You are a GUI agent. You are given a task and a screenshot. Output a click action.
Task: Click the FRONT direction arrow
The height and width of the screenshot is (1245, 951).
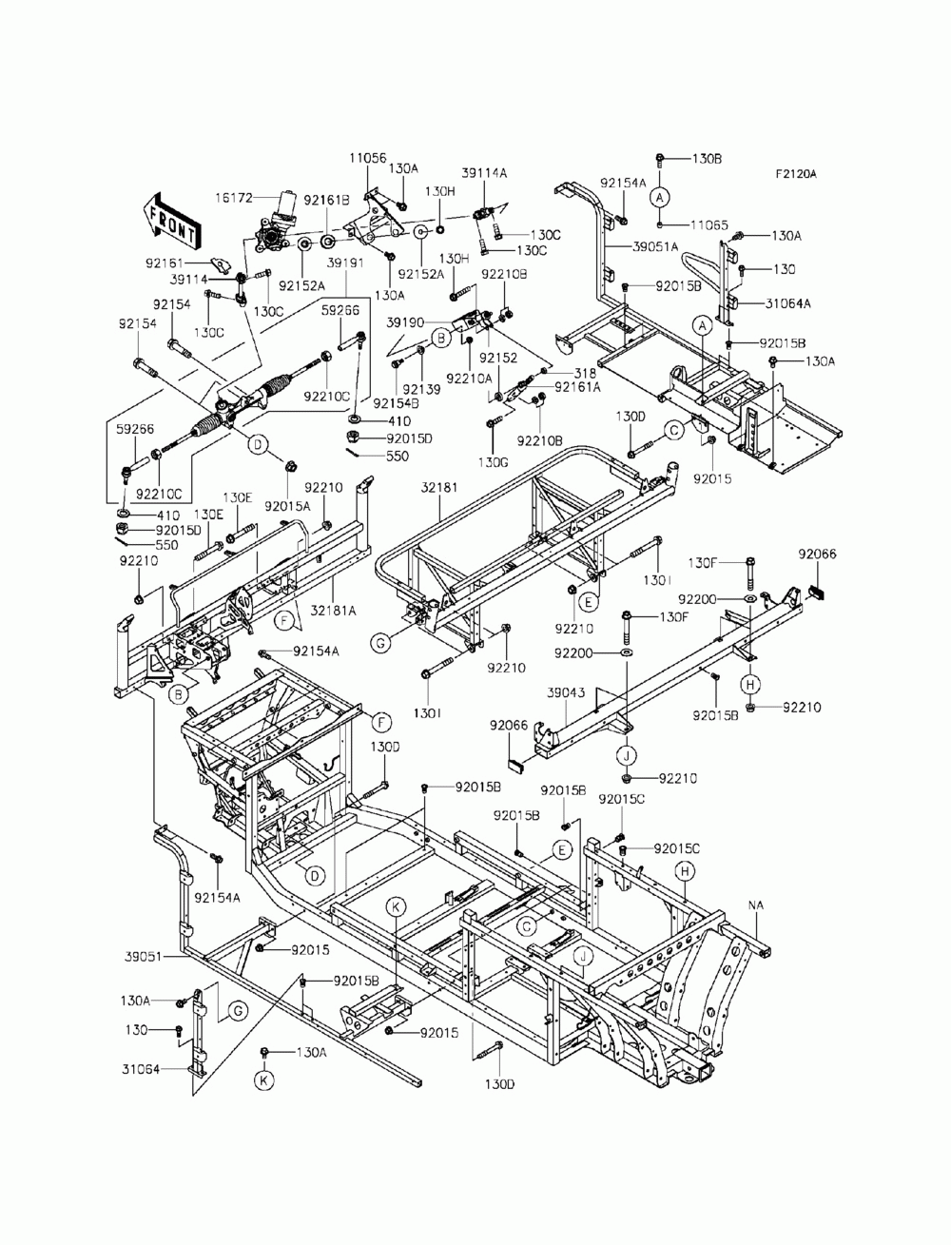(x=170, y=222)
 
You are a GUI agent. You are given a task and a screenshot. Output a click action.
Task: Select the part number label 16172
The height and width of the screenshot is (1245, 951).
(x=234, y=198)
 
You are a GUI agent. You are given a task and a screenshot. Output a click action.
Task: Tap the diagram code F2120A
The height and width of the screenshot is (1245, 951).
(x=796, y=174)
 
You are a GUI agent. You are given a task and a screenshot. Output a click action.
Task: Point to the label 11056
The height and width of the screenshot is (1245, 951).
(x=367, y=158)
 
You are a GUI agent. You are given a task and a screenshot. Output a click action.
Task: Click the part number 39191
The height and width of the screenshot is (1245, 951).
(x=345, y=263)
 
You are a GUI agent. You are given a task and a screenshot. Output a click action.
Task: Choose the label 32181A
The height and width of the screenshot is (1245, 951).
(x=334, y=611)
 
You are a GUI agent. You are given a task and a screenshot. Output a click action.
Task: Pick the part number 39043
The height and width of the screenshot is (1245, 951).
(x=566, y=693)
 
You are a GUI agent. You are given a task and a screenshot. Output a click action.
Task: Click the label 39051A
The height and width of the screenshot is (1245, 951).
(x=655, y=246)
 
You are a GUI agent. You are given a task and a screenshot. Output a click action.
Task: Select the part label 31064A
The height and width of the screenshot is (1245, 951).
(x=787, y=303)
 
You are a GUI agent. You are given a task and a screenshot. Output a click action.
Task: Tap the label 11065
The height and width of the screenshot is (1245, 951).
(x=709, y=225)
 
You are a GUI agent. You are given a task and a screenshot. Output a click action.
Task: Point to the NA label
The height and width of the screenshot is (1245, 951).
(x=756, y=905)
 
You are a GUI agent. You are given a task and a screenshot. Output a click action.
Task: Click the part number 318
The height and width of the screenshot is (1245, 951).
(x=585, y=373)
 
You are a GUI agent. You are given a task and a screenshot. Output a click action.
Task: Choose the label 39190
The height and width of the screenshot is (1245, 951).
(x=405, y=322)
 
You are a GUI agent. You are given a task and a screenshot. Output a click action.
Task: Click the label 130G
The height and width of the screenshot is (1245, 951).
(x=493, y=463)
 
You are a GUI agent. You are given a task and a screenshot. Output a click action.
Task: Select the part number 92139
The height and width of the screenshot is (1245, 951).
(x=421, y=389)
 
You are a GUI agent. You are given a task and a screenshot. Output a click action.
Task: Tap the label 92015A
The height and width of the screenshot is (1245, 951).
(x=287, y=506)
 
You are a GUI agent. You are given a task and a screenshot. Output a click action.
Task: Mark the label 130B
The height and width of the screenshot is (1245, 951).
(x=707, y=159)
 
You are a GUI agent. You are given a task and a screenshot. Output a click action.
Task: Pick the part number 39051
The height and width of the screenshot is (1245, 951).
(x=144, y=957)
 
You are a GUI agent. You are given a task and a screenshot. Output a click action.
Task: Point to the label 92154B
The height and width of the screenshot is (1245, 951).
(x=396, y=403)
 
